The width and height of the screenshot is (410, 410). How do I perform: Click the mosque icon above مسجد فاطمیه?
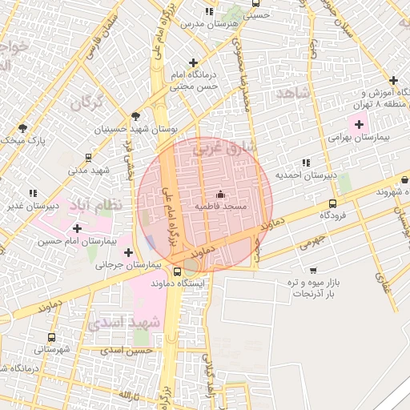(221, 194)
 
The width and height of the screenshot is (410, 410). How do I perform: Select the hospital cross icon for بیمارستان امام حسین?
(77, 228)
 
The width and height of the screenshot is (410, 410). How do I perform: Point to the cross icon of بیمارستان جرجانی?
(128, 252)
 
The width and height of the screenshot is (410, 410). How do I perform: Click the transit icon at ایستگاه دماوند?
(177, 271)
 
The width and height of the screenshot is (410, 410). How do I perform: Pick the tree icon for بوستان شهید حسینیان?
(135, 116)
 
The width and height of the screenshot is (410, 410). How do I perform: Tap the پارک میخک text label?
(22, 141)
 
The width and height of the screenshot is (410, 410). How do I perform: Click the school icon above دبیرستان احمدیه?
(306, 163)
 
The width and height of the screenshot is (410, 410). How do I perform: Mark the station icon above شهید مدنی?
(87, 159)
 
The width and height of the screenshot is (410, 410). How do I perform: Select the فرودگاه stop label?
(332, 215)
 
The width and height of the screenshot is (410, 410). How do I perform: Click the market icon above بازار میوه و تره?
(312, 271)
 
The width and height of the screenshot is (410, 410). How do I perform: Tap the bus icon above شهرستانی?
(52, 337)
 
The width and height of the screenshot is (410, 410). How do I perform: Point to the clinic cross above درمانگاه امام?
(192, 62)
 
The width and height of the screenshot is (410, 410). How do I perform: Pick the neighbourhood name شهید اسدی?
(124, 323)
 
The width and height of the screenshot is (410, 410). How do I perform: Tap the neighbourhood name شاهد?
(291, 94)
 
